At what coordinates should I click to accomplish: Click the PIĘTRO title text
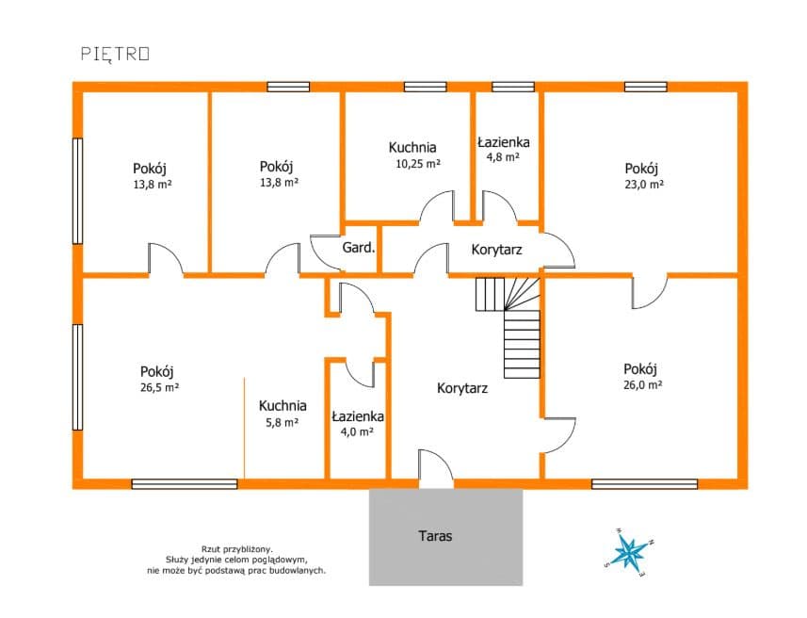pos(115,54)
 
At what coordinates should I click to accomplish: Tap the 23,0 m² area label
pos(644,185)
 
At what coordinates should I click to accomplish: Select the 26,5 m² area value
pos(159,387)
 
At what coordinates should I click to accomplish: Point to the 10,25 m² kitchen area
pos(418,164)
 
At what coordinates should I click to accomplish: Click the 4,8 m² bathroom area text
pos(503,157)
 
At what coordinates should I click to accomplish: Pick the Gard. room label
pos(359,248)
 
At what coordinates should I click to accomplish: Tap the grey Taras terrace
pos(445,537)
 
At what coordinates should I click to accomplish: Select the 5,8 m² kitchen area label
pos(282,423)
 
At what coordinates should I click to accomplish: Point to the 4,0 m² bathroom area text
pos(357,431)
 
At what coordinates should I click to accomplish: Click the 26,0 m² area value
pos(643,384)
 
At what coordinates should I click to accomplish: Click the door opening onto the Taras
pos(436,468)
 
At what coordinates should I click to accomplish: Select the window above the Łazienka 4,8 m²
pos(512,87)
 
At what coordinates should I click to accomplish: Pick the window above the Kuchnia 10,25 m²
pos(425,87)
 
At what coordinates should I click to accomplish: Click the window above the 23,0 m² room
pos(646,87)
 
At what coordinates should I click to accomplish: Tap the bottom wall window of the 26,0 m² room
pos(644,484)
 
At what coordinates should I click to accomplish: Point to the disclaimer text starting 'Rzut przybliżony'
pos(236,560)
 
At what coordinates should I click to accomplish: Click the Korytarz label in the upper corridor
pos(496,250)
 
